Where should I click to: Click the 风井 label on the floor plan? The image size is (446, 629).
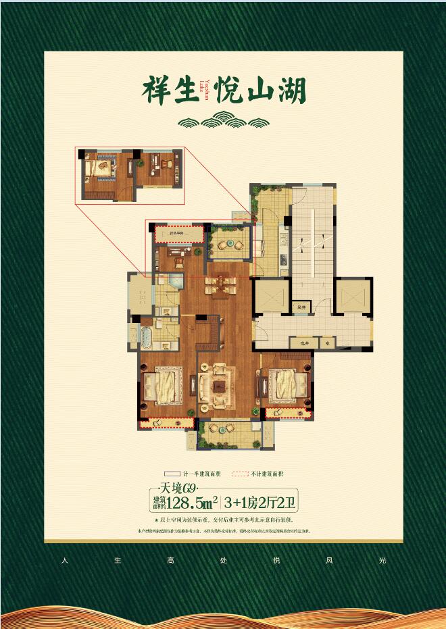coord(301,307)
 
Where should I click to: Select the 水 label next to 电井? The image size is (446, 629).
coord(327,343)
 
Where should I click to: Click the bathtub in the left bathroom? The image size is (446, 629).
coord(147,336)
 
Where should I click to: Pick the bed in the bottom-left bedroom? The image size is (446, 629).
coord(164,386)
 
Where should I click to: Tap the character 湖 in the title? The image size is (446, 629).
coord(290,91)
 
